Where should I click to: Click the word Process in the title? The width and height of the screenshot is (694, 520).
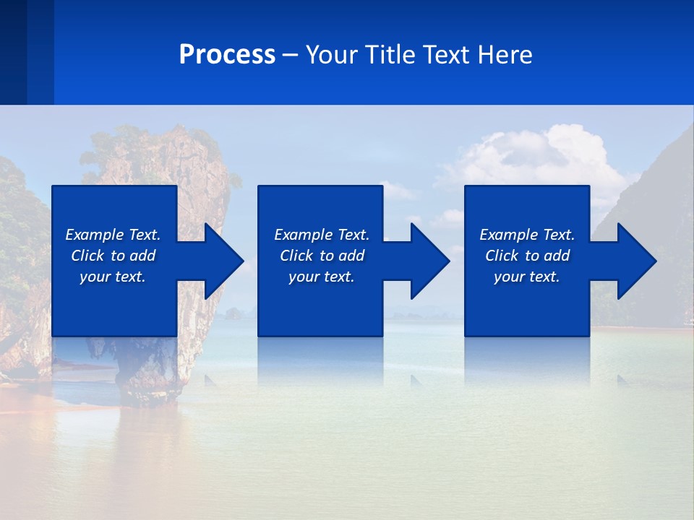coord(227,55)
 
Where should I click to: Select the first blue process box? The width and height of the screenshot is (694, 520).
coord(113,303)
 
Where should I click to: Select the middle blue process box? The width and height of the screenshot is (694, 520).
coord(320,303)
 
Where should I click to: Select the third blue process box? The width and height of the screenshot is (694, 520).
coord(526,303)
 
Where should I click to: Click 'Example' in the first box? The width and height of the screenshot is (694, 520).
coord(95,235)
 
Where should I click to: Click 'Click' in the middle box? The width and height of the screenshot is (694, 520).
coord(296,256)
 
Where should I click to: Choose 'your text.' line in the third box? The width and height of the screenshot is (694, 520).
coord(526,277)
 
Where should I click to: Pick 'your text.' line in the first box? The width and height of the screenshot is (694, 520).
coord(113,277)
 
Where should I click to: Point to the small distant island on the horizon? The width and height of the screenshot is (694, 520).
coord(233,313)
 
